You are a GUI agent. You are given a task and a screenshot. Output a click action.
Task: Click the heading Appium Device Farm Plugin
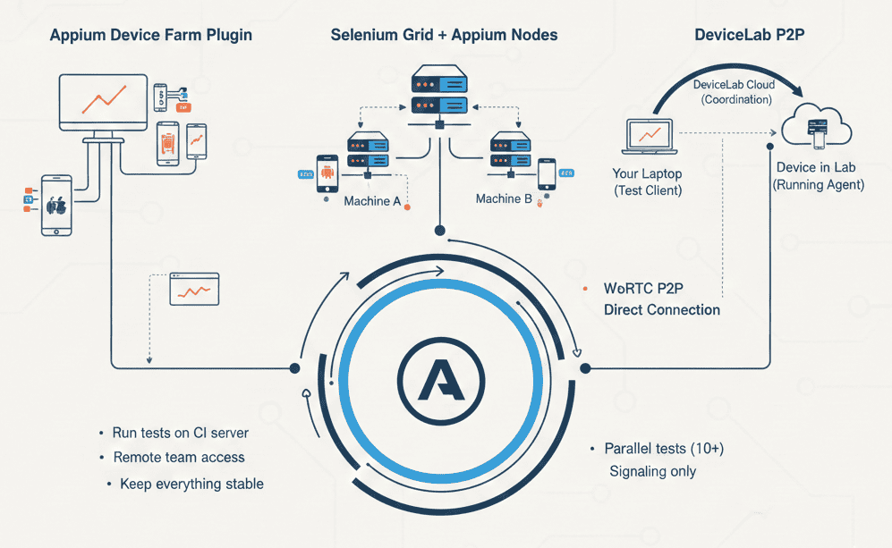[x=150, y=36]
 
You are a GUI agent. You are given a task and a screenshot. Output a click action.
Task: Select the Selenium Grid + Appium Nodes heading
[x=444, y=36]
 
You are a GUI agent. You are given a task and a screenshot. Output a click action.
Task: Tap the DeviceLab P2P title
[x=746, y=36]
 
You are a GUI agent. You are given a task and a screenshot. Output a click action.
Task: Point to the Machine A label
[x=372, y=201]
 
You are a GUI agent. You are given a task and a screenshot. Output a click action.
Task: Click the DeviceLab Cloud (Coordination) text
[x=733, y=91]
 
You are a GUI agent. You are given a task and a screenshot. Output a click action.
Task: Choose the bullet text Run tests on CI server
[x=180, y=433]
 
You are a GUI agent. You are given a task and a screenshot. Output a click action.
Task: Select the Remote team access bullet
[x=178, y=458]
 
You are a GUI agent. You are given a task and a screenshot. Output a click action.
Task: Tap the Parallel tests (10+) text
[x=664, y=448]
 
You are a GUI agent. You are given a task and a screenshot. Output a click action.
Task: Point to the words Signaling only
[x=652, y=471]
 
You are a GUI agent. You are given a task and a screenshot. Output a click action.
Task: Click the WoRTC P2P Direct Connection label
[x=661, y=299]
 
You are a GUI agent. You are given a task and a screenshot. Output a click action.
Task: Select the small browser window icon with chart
[x=194, y=290]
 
